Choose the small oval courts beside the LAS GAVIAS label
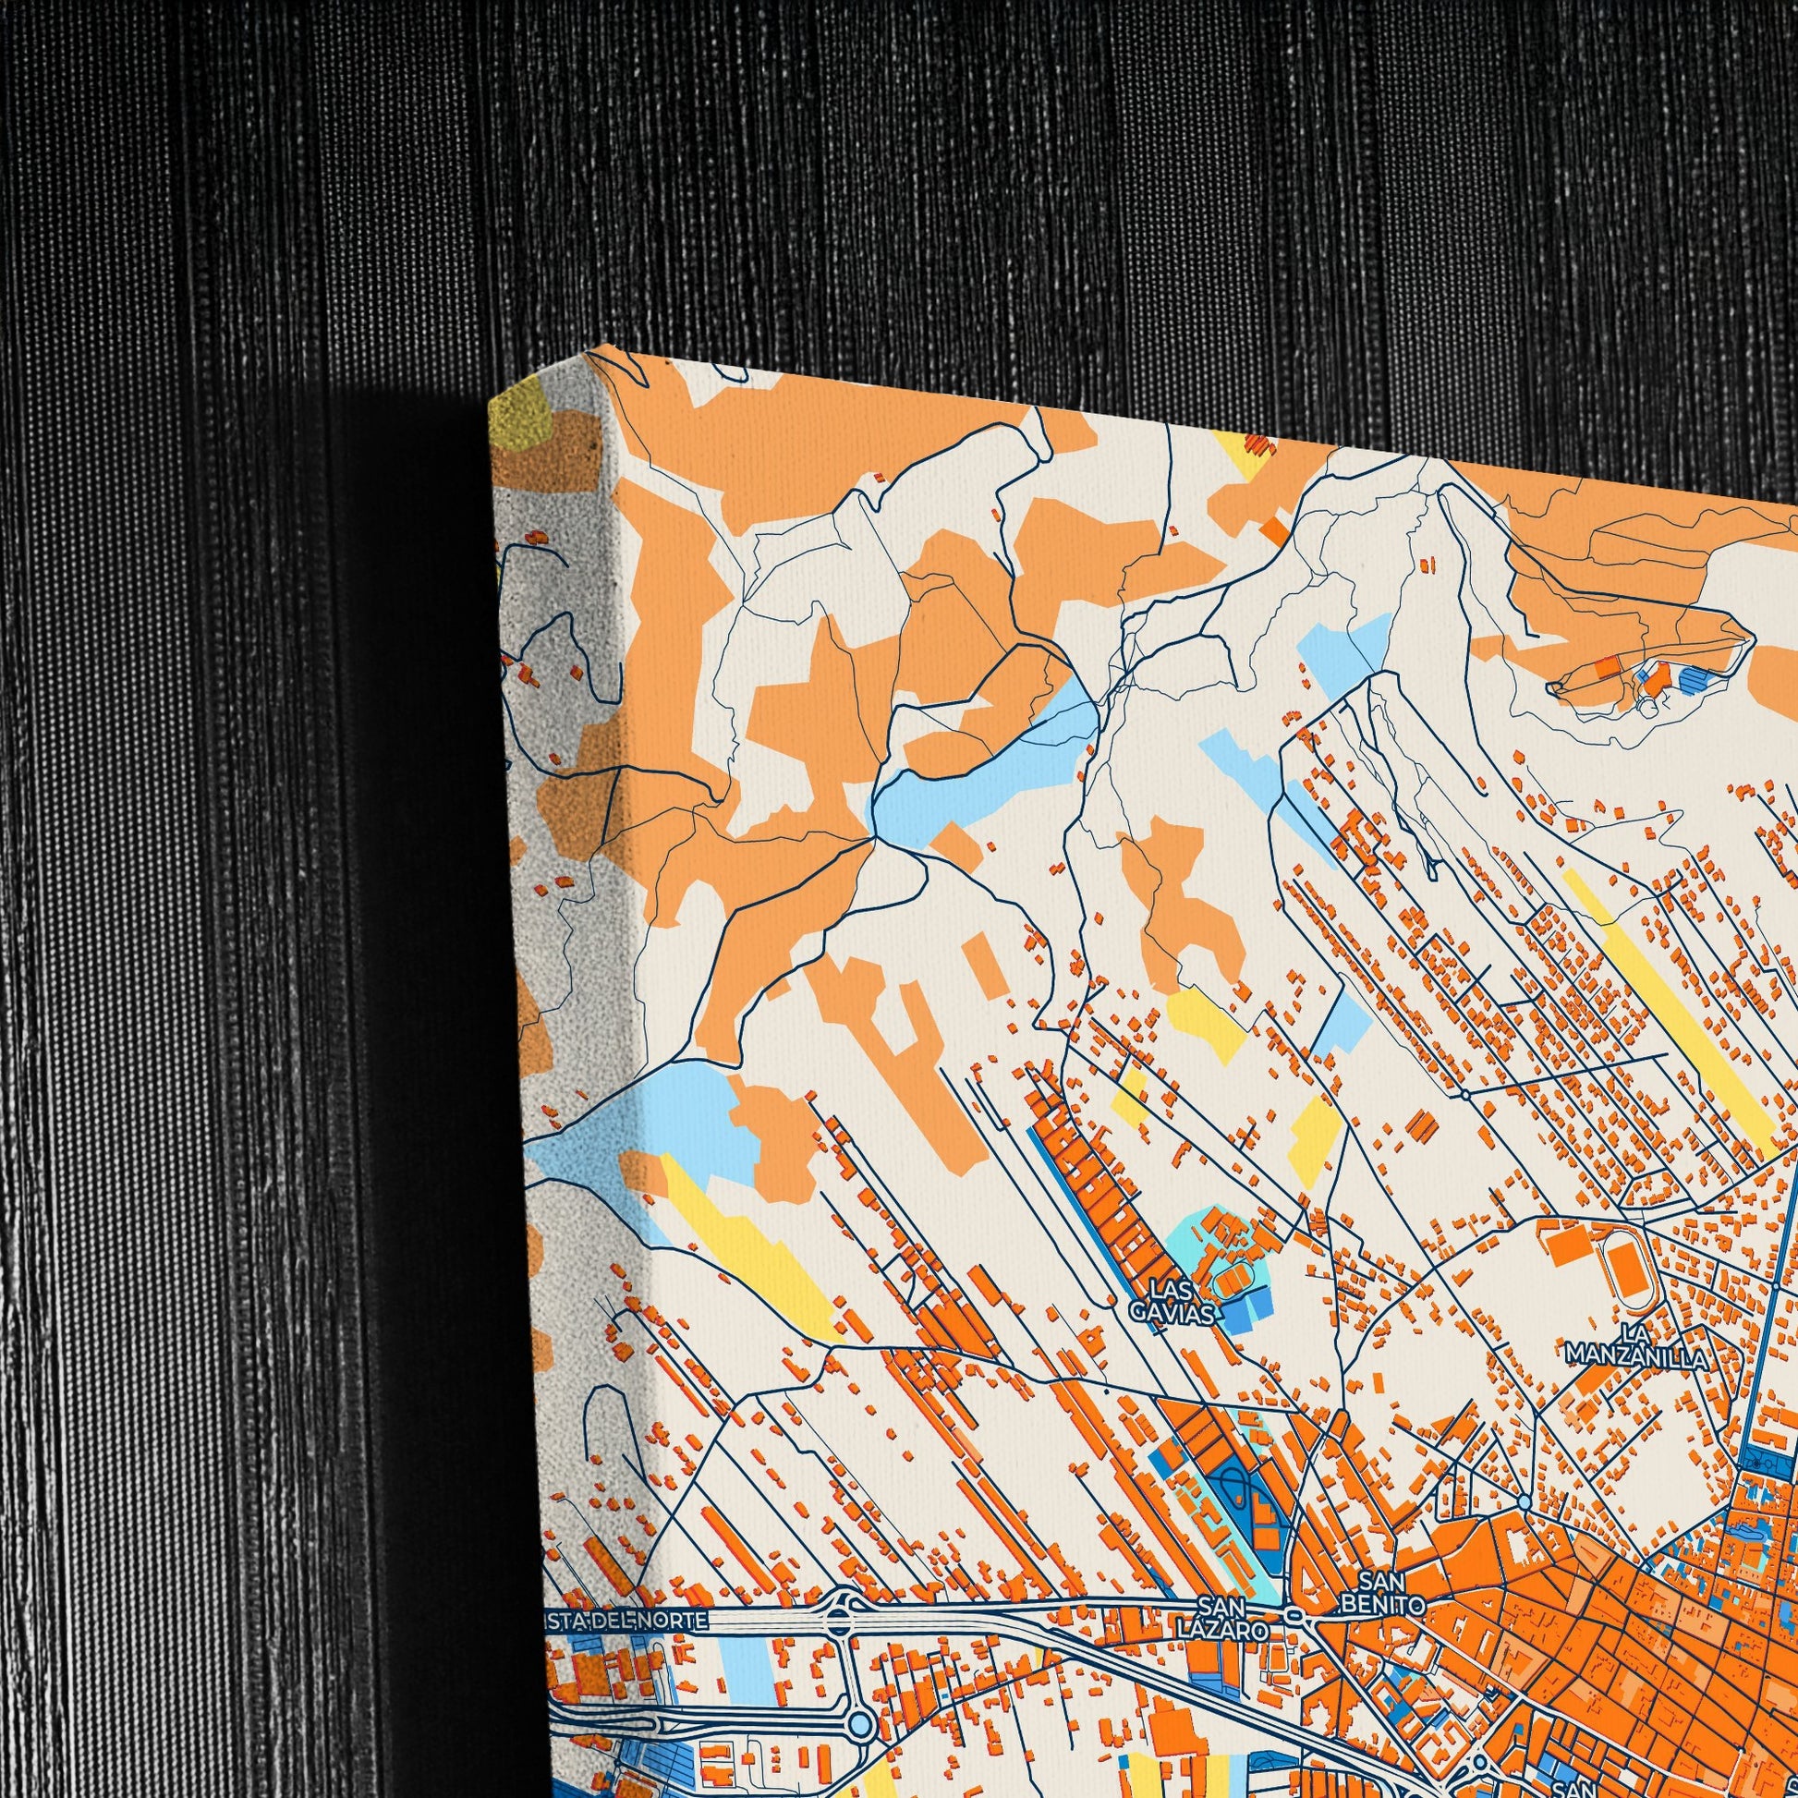tap(1231, 1283)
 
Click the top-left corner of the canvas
tap(491, 402)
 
